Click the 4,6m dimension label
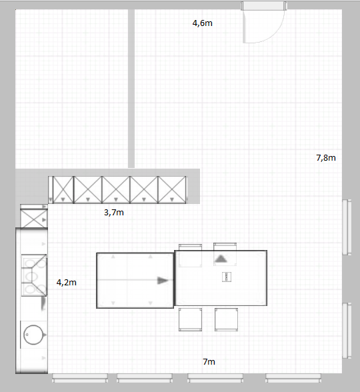tap(203, 23)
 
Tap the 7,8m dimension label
tap(326, 158)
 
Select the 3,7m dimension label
tap(114, 213)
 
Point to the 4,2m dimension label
tap(67, 283)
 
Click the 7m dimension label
tap(209, 361)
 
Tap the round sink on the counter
tap(33, 335)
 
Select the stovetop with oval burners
tap(34, 275)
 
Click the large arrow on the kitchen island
tap(163, 281)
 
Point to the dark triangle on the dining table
tap(221, 259)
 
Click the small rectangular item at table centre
tap(227, 277)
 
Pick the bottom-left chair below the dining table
tap(190, 319)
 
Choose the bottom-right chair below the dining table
tap(226, 319)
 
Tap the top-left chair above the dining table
tap(190, 255)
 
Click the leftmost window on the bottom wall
tap(80, 378)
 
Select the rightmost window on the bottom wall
tap(293, 378)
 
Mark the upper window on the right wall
tap(347, 227)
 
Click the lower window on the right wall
tap(347, 331)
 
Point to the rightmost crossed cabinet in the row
tap(172, 190)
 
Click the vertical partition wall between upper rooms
tap(131, 89)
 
